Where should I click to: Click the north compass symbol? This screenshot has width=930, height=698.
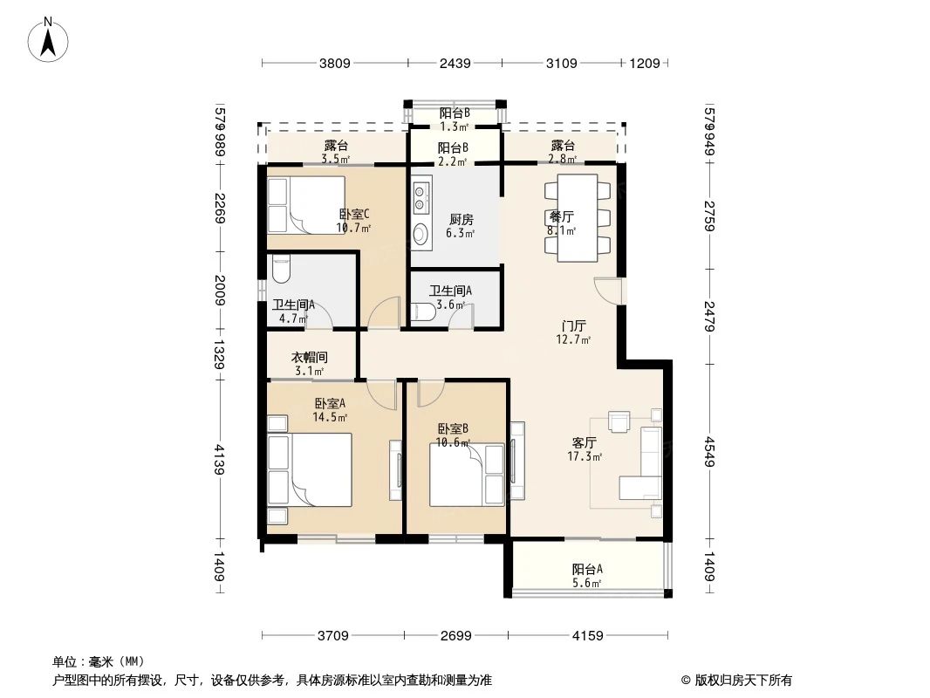click(49, 39)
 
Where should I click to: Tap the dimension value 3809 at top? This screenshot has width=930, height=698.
click(334, 63)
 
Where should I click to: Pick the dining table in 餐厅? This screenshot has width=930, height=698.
click(578, 217)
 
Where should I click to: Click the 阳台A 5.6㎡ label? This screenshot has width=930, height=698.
click(587, 576)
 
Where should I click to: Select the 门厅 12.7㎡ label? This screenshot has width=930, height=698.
click(573, 332)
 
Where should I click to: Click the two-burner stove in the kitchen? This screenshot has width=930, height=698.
click(421, 196)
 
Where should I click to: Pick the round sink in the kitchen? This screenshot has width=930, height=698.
click(421, 233)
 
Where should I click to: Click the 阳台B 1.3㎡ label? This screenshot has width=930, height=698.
click(455, 119)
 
